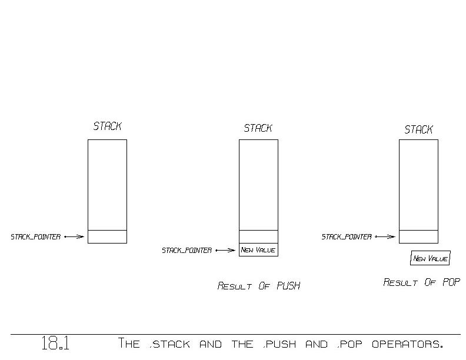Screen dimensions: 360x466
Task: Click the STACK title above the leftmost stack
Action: tap(107, 126)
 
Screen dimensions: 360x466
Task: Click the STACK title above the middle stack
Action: tap(258, 128)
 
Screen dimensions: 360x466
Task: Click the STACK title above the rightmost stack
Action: tap(418, 129)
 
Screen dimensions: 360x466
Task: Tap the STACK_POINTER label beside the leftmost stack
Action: tap(36, 237)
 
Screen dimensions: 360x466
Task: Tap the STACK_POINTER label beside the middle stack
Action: tap(187, 251)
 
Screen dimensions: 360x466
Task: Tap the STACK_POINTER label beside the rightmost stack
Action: tap(347, 237)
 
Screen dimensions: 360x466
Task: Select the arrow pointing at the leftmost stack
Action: tap(74, 237)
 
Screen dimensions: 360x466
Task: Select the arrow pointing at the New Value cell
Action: tap(225, 251)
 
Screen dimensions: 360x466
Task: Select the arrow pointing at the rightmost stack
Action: tap(385, 237)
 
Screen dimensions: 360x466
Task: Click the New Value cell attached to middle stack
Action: tap(258, 250)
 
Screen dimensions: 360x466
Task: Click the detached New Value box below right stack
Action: tap(430, 258)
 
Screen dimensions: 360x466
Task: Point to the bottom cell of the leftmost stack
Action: tap(107, 236)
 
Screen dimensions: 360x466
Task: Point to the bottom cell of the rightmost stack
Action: tap(418, 236)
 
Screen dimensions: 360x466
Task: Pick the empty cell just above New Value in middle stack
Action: tap(258, 236)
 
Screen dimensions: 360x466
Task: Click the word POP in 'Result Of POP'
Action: tap(451, 282)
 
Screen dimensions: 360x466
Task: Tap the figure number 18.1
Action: tap(55, 344)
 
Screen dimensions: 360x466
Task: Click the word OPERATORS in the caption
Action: tap(407, 344)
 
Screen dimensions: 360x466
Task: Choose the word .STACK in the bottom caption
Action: tap(170, 344)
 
